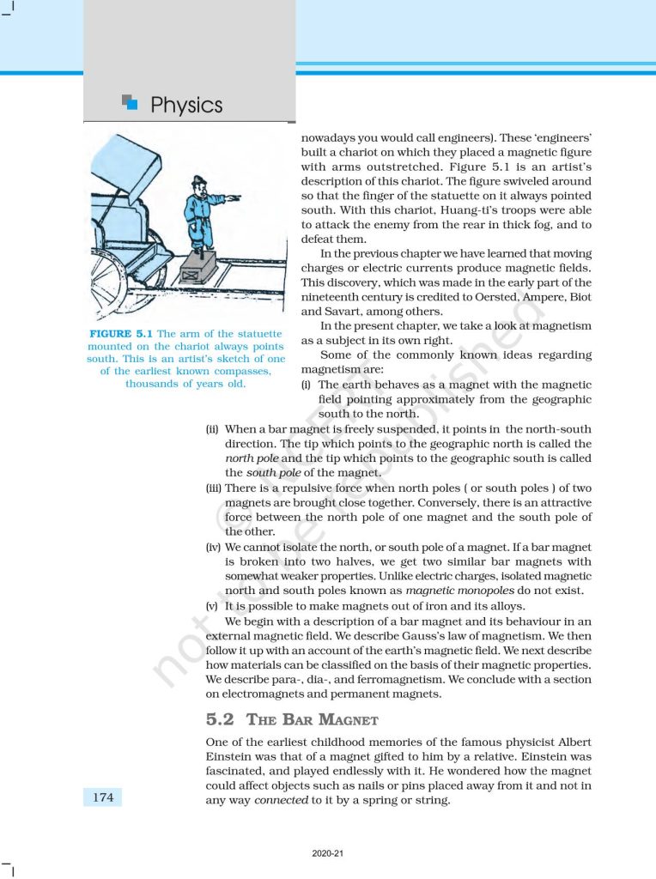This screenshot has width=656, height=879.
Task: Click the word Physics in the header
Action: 186,106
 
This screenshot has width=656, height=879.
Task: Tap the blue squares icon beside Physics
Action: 130,103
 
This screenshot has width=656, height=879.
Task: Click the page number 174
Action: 102,797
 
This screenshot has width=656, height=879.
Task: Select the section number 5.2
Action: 220,719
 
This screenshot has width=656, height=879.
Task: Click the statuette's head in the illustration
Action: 201,186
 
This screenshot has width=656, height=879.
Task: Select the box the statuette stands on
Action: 203,269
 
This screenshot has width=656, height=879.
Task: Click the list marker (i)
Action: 306,385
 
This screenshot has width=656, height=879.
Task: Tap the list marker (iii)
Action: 214,488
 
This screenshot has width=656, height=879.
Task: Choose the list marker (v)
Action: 212,604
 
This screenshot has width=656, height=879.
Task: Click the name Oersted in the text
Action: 491,298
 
